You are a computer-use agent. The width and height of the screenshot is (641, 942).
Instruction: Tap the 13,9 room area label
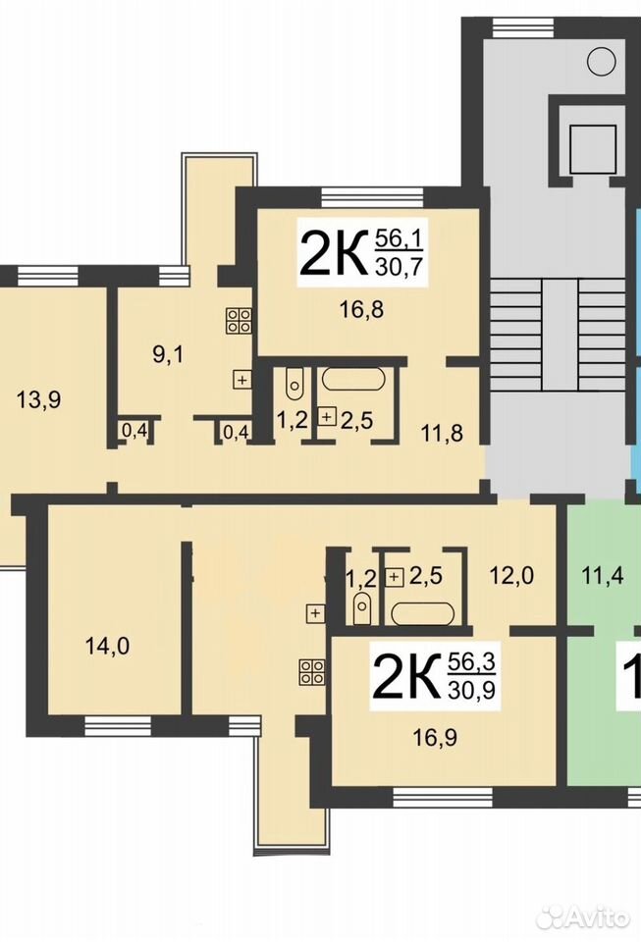(38, 399)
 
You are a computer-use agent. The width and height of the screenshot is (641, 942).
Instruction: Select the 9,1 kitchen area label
(168, 354)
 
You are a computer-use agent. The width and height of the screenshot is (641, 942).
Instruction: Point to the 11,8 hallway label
(442, 432)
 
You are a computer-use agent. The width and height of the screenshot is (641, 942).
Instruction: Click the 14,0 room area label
(108, 647)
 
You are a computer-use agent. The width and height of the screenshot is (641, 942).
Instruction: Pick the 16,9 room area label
(435, 737)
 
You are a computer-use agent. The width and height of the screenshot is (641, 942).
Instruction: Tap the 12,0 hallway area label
(511, 576)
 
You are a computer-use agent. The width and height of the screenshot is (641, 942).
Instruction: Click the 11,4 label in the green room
(603, 576)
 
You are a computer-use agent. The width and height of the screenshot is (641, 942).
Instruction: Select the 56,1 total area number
(400, 239)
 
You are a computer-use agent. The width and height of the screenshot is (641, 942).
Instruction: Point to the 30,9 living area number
(471, 690)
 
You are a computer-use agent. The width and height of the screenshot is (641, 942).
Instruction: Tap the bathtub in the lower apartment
(422, 613)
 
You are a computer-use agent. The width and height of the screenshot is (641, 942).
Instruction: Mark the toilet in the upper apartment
(294, 384)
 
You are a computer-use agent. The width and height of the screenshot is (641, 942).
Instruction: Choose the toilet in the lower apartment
(361, 608)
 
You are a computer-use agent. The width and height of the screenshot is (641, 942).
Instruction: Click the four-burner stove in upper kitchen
(239, 321)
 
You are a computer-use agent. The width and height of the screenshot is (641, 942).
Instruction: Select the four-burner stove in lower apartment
(312, 671)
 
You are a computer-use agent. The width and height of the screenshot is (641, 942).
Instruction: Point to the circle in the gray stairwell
(602, 61)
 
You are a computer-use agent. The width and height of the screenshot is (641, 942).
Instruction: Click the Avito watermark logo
(583, 916)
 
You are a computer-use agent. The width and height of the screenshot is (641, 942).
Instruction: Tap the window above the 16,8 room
(372, 197)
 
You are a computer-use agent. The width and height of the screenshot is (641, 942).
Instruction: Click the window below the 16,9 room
(443, 797)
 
